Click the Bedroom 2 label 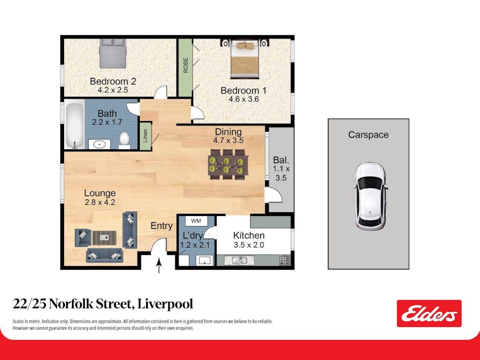coord(113,82)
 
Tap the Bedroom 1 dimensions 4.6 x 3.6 coord(243,99)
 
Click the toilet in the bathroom coord(125,139)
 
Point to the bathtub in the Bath coord(73,125)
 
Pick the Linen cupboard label coord(145,135)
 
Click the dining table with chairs coord(227,164)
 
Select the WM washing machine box coord(196,220)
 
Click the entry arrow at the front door coord(158,265)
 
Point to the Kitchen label coord(249,236)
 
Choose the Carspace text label coord(368,135)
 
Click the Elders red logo coord(429,313)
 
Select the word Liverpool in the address coord(165,305)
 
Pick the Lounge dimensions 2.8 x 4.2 coord(100,202)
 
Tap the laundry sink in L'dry coord(204,260)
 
